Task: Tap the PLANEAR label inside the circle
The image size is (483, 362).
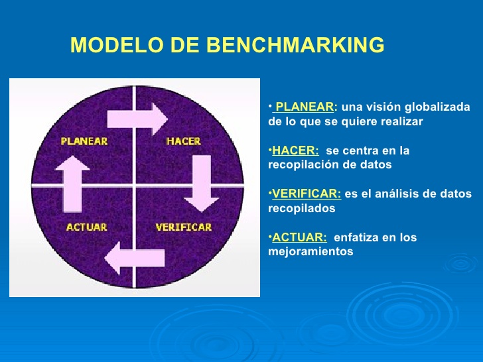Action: (84, 141)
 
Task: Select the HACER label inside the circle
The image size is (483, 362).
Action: (183, 141)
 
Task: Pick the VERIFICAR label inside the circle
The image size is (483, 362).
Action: (183, 227)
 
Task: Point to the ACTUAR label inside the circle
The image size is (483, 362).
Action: (86, 227)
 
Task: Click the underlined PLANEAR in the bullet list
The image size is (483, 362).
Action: (305, 107)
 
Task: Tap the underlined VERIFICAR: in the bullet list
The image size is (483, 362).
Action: (307, 194)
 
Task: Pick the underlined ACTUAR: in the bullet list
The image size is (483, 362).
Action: (299, 237)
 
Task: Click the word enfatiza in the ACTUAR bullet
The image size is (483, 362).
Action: (356, 237)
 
